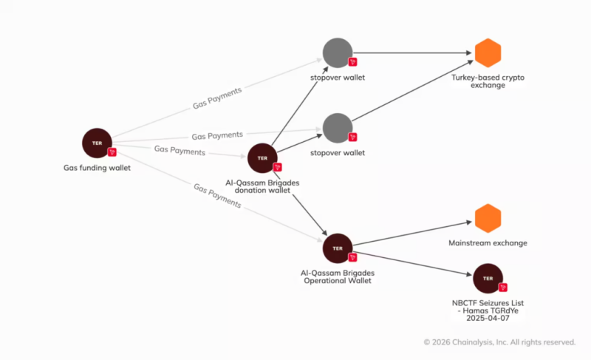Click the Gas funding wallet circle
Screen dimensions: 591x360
[x=98, y=143]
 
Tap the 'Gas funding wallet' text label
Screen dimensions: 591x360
[x=97, y=168]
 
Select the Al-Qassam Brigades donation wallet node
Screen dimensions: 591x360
[x=262, y=158]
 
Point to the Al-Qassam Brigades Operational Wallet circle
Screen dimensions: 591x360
[x=338, y=248]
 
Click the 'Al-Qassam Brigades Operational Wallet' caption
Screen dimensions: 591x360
[x=338, y=276]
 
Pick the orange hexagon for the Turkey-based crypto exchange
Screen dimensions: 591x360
[x=488, y=52]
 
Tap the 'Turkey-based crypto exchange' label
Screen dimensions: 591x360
[x=488, y=81]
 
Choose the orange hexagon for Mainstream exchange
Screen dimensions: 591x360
[x=488, y=218]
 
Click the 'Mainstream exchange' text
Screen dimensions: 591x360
[x=488, y=243]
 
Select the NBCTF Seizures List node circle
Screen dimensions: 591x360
[x=488, y=279]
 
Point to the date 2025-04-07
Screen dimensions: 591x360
[x=488, y=318]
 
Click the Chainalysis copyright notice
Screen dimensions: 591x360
[x=500, y=342]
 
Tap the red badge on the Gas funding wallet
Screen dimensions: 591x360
[x=112, y=152]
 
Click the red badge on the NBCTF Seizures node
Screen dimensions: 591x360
[x=503, y=288]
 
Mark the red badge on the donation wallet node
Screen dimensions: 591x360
[x=278, y=167]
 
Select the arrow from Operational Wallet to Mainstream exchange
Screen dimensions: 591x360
[x=412, y=234]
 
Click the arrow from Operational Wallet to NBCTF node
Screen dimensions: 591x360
[x=412, y=263]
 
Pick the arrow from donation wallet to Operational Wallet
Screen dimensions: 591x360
[x=301, y=204]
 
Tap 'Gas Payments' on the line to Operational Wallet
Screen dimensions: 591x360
[x=217, y=196]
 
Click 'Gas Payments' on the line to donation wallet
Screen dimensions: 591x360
[x=180, y=151]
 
